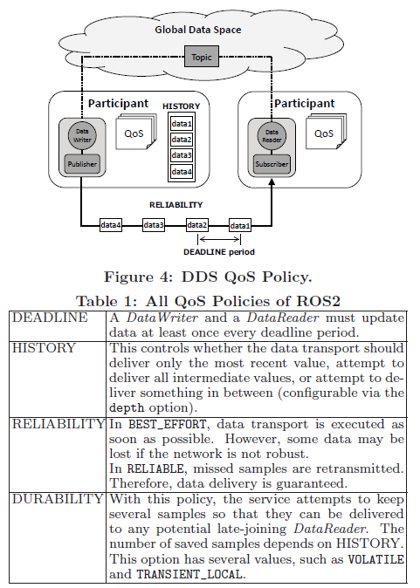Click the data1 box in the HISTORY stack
182,125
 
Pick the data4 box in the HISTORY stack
182,172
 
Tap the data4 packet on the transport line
111,225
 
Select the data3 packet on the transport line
154,225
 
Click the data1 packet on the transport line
239,225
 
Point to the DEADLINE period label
218,251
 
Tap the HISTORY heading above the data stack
182,106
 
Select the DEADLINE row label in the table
50,318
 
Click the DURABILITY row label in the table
57,499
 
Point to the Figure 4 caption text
208,277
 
